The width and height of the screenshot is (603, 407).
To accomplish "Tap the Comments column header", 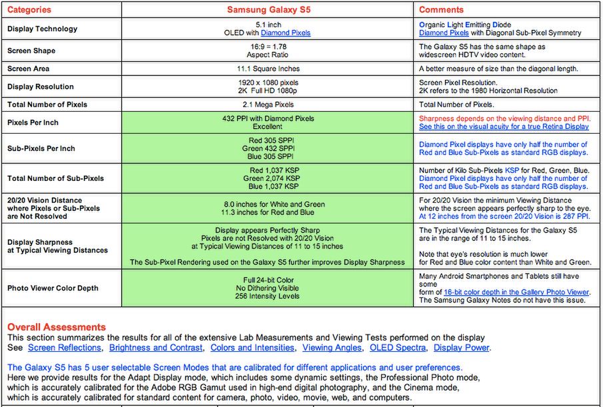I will pyautogui.click(x=441, y=10).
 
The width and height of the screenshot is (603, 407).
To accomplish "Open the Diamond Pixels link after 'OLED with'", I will pyautogui.click(x=285, y=33).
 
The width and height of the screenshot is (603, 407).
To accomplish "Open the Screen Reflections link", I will pyautogui.click(x=65, y=348).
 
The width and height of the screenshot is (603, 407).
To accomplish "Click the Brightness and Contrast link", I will pyautogui.click(x=156, y=348).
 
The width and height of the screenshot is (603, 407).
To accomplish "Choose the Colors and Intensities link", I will pyautogui.click(x=252, y=348).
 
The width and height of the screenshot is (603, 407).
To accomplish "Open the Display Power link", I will pyautogui.click(x=461, y=348).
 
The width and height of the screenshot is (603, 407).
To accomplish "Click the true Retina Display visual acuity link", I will pyautogui.click(x=504, y=126).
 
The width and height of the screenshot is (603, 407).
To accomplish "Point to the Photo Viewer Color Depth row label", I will pyautogui.click(x=53, y=288).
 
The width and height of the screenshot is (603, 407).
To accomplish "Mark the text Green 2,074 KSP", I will pyautogui.click(x=271, y=178).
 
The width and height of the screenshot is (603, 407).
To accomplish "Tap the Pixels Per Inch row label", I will pyautogui.click(x=34, y=122).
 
